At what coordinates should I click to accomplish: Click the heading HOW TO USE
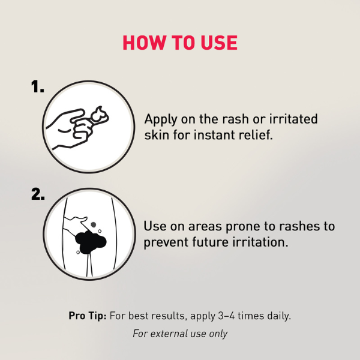click(x=180, y=43)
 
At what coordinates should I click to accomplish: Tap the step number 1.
click(x=38, y=88)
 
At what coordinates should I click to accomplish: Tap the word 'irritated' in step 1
click(x=294, y=119)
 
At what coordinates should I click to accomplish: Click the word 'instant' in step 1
click(x=211, y=134)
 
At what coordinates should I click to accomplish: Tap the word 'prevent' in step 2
click(x=166, y=242)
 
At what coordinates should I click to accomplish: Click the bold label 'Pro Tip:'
click(x=87, y=316)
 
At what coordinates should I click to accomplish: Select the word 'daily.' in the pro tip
click(x=277, y=316)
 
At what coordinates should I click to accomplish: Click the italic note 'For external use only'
click(x=180, y=334)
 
